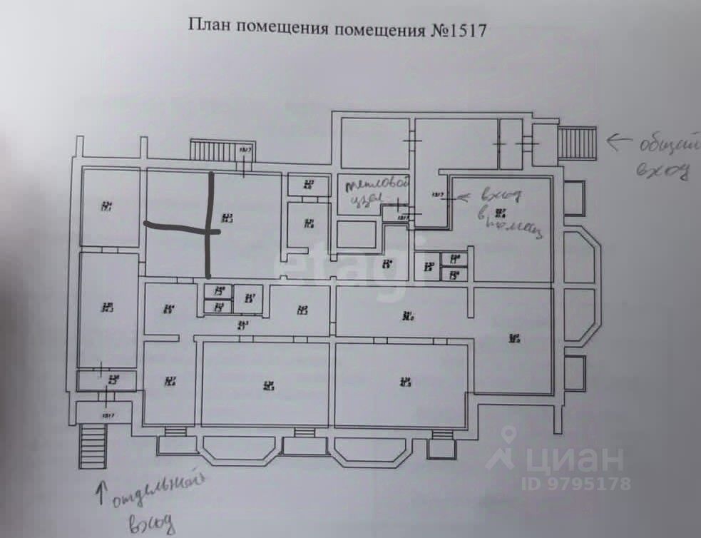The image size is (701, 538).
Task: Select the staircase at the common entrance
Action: pos(576,143)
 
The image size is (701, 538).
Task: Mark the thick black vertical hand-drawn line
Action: pos(210,225)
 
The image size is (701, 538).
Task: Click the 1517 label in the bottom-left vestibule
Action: pos(108,415)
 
